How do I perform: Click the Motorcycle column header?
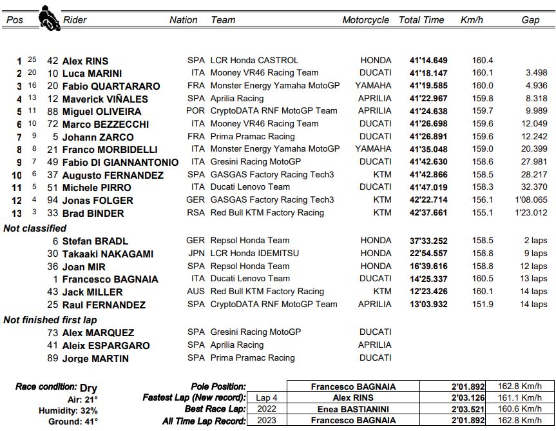coord(365,20)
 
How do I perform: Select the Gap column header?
coord(530,20)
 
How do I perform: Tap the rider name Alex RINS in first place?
coord(85,61)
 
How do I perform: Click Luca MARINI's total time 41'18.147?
coord(428,74)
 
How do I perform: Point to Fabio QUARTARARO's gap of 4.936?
coord(536,86)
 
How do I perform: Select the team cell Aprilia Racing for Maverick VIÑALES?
coord(236,99)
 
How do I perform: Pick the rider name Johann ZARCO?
coord(98,137)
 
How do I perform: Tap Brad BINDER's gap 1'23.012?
coord(531,213)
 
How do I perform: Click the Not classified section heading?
coord(35,228)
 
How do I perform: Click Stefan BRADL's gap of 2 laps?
coord(535,241)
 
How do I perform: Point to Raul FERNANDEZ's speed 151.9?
coord(483,305)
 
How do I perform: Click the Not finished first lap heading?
coord(50,320)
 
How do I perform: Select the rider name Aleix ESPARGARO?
coord(106,346)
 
